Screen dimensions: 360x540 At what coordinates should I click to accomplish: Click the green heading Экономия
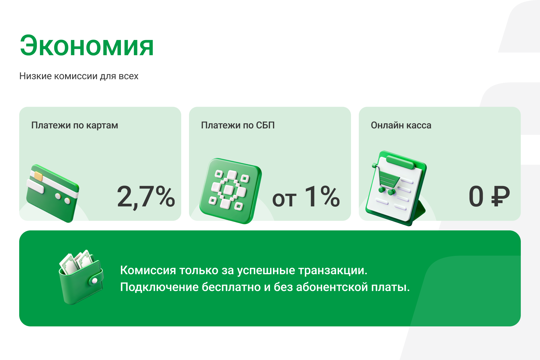pos(87,46)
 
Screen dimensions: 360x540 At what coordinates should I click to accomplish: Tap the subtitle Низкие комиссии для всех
pos(79,76)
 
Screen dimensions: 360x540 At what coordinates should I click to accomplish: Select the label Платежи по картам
pos(75,125)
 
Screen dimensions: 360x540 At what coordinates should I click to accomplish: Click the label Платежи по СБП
pos(238,125)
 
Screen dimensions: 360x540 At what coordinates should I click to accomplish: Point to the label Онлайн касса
pos(401,125)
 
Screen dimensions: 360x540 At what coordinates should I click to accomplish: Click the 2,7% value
pos(146,196)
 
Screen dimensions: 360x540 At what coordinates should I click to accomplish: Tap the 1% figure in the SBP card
pos(322,196)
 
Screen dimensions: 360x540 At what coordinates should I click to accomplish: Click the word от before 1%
pos(284,199)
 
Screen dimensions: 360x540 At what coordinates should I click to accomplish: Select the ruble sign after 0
pos(500,196)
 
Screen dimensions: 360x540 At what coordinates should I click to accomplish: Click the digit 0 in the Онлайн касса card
pos(476,196)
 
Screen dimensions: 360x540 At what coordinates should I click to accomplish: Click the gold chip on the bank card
pos(38,176)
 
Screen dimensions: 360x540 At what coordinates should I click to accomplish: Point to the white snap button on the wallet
pos(94,281)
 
